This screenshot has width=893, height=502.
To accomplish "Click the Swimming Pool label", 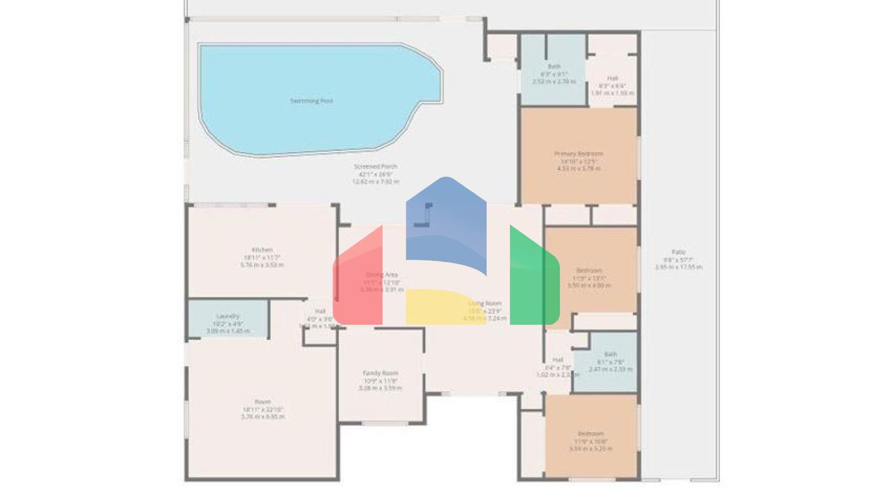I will (x=312, y=101).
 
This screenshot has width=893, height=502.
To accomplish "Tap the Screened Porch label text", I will (x=376, y=167).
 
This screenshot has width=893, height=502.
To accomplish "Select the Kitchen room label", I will (x=262, y=250).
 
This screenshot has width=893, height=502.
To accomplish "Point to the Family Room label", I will (x=380, y=373).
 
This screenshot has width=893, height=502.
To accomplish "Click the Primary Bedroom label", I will (x=578, y=154).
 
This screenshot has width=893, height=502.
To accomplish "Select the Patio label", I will (x=678, y=252).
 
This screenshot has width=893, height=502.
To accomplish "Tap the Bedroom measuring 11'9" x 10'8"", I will (x=590, y=433).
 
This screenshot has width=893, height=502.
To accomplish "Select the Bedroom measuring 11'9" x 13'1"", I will (x=589, y=271).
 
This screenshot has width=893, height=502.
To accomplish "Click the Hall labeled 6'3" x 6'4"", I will (x=612, y=78).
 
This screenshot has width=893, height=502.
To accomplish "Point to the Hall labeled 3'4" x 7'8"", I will (x=558, y=360).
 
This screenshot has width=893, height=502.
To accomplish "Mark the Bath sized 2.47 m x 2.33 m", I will (x=610, y=354).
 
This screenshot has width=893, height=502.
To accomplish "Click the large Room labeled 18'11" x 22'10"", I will (x=262, y=402).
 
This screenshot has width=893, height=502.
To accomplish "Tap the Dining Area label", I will (x=381, y=275).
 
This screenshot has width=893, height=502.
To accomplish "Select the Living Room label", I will (x=484, y=303).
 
